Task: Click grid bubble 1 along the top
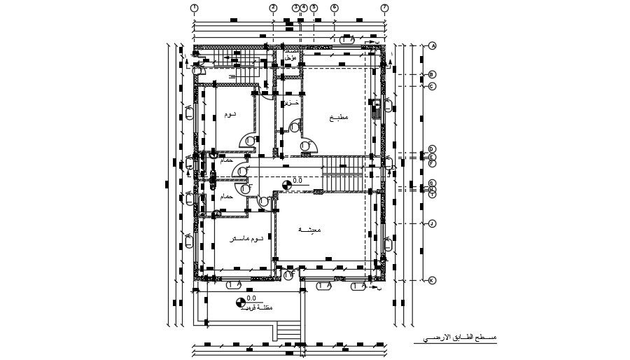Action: coord(195,8)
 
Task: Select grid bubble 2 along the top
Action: coord(273,8)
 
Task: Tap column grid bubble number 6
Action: coord(334,8)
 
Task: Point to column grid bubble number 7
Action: coord(384,8)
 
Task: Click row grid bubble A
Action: coord(433,46)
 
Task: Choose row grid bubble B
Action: coord(433,74)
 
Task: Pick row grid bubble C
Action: coord(433,86)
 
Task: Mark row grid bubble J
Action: coord(433,223)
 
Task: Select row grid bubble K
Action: coord(433,280)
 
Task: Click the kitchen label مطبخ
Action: coord(339,118)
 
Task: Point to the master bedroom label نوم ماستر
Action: coord(247,240)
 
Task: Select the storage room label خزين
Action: coord(291,103)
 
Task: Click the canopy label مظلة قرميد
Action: coord(257,308)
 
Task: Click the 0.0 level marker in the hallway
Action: coord(287,185)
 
